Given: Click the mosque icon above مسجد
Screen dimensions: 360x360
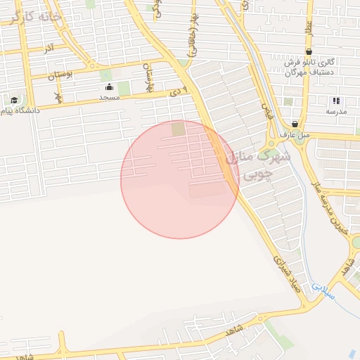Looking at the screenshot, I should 109,87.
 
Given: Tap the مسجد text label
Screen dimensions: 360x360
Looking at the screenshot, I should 109,98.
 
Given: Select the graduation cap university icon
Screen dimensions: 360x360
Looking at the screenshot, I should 14,100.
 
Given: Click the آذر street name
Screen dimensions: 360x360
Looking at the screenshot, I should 49,49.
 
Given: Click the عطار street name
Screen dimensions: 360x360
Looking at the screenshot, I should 308,29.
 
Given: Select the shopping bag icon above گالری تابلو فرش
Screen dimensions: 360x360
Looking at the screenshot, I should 309,52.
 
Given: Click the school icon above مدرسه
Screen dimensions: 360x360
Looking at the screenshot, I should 336,101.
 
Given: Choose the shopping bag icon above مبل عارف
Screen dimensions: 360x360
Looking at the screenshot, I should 294,124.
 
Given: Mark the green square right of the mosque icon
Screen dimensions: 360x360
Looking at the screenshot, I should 124,89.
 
